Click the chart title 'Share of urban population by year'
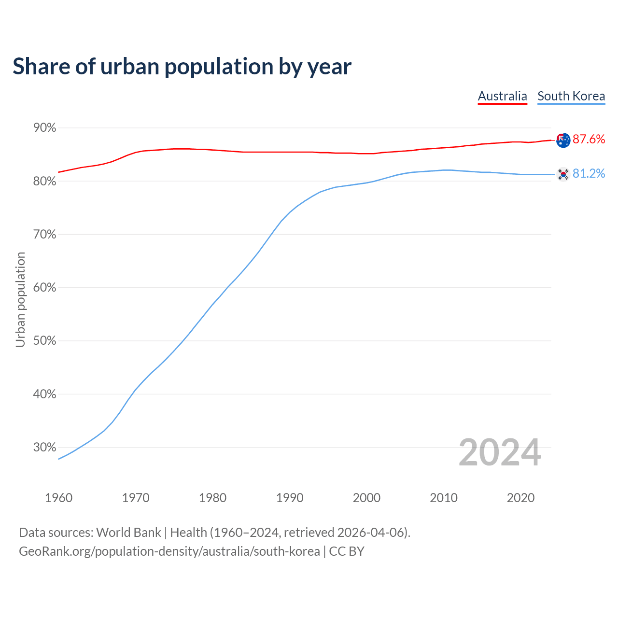tap(182, 67)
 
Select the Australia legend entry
tap(502, 96)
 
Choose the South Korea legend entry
tap(571, 96)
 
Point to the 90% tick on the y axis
tap(44, 128)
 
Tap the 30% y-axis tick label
tap(44, 447)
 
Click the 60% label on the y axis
tap(44, 288)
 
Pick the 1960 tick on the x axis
tap(58, 498)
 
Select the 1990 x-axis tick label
tap(290, 498)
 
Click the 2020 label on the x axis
tap(520, 498)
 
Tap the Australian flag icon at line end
tap(563, 140)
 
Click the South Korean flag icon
tap(563, 174)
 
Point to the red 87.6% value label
tap(589, 140)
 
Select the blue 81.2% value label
tap(589, 174)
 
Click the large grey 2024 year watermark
tap(500, 452)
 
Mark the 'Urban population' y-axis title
tap(20, 299)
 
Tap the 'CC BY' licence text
tap(347, 551)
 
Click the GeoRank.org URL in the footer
tap(169, 551)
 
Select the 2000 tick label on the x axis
tap(366, 498)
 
